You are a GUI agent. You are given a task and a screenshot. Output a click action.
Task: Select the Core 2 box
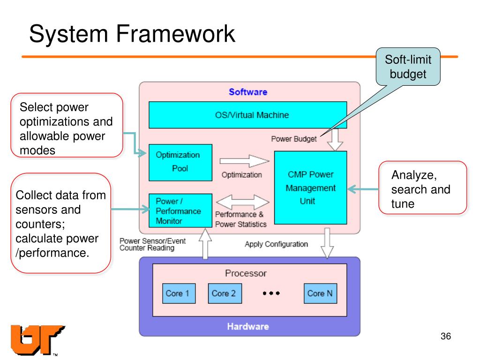(224, 293)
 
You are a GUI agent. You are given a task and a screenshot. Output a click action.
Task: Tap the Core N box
(320, 293)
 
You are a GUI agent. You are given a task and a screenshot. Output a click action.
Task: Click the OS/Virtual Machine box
(247, 115)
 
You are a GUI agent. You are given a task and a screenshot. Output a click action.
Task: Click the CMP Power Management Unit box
(310, 187)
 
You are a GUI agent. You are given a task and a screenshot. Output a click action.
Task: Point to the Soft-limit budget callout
(408, 67)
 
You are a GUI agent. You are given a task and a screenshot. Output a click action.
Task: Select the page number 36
(445, 337)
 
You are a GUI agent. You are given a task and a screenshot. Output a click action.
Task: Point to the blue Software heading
(248, 92)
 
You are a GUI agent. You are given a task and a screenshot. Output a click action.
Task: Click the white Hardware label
(248, 326)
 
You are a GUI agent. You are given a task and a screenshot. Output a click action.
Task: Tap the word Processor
(246, 273)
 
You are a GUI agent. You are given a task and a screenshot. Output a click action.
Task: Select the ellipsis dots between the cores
(271, 293)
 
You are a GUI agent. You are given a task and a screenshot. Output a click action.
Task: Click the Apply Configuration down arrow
(327, 243)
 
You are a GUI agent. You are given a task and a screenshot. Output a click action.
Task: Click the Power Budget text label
(294, 139)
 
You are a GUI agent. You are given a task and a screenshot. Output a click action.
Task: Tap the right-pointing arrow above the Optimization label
(244, 162)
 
